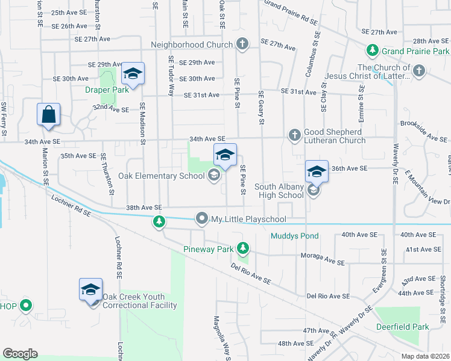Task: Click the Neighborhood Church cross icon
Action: coord(242,44)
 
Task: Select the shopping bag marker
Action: coord(48,115)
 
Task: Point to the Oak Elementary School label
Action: coord(161,176)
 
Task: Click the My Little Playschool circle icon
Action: coord(202,219)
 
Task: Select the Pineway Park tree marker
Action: coord(243,248)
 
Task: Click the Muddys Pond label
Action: coord(294,236)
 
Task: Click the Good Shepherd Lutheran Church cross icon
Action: coord(295,134)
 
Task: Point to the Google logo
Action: coord(20,354)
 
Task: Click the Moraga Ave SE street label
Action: coord(323,263)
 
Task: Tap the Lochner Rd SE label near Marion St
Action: coord(71,205)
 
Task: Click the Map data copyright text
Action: coord(426,356)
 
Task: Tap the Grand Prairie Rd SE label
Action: coord(291,13)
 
